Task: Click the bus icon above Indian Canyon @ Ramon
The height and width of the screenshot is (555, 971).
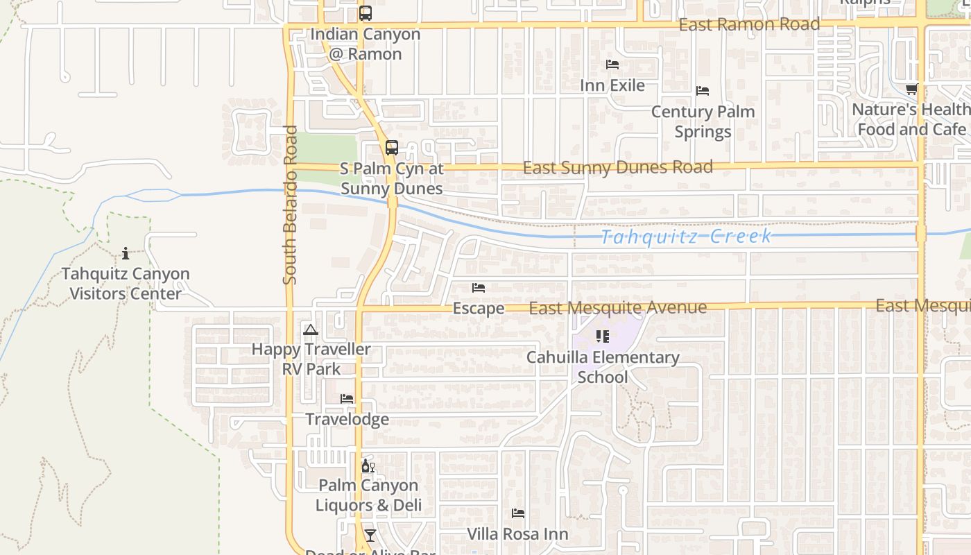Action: [366, 13]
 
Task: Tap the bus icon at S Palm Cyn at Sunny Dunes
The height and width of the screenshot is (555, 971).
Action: [392, 148]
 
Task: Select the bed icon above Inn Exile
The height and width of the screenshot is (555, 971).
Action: [612, 65]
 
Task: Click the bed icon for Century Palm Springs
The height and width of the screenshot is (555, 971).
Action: [703, 91]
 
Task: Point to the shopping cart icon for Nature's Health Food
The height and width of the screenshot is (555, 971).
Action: [911, 89]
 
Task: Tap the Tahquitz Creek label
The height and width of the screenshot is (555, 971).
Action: [685, 237]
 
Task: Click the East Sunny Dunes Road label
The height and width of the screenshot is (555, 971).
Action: [617, 168]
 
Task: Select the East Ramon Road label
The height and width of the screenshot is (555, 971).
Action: [749, 25]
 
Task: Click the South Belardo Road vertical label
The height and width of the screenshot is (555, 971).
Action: [290, 205]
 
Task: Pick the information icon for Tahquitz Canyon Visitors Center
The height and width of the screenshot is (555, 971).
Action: [126, 253]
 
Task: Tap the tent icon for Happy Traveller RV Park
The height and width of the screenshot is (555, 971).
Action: [310, 330]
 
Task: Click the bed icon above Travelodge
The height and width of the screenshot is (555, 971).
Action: [347, 399]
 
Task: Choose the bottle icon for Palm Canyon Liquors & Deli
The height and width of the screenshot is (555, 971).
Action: [368, 466]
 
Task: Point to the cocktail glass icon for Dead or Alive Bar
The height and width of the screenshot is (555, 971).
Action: [370, 535]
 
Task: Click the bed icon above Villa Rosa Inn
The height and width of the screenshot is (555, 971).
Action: [518, 513]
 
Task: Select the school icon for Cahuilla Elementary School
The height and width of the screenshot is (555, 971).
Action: [602, 336]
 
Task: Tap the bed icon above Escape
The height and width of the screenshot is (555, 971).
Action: [479, 288]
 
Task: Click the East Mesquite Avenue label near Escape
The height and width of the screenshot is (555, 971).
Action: [617, 308]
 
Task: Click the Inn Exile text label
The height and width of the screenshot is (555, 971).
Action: [612, 85]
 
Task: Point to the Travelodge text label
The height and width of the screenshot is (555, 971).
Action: [347, 420]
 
